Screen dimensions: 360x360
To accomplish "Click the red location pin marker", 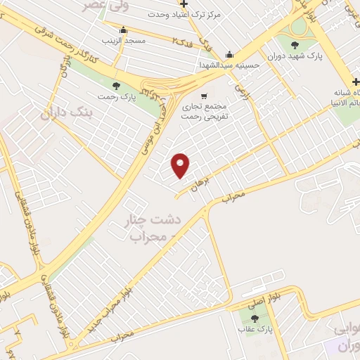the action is tap(181, 165).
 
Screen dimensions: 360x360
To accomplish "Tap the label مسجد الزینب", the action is tap(124, 41).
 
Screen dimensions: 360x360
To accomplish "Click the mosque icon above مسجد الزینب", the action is tap(124, 30).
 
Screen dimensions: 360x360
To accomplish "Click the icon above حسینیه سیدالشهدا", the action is tap(229, 55).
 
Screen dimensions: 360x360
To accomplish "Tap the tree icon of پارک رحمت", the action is tap(116, 85).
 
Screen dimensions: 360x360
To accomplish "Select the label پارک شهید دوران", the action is tap(293, 56).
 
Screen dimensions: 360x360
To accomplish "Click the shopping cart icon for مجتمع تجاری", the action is tap(204, 96).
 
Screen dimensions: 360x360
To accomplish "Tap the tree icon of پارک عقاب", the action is tap(255, 318).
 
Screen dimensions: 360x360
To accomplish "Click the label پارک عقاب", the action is tap(254, 329).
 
